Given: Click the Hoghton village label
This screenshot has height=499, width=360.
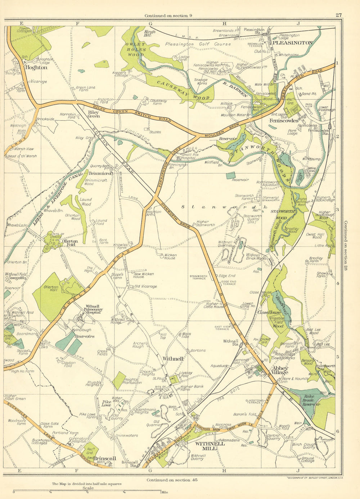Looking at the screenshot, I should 36,67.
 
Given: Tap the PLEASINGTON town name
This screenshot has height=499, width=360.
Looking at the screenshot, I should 292,43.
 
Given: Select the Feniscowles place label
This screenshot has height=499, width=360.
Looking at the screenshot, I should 284,121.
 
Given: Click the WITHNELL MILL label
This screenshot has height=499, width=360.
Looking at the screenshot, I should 210,446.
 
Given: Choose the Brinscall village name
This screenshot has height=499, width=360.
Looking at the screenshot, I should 105,458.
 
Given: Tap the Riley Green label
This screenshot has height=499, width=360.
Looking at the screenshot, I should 94,114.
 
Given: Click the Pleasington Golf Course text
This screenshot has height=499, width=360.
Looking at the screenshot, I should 198,44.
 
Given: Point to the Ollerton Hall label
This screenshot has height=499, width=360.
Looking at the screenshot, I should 51,289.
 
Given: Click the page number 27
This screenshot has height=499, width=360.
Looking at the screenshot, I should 338,15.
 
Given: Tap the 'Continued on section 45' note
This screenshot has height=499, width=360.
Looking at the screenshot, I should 172,480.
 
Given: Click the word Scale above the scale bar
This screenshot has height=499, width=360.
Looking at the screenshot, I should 88,488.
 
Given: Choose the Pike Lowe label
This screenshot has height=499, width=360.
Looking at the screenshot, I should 106,403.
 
